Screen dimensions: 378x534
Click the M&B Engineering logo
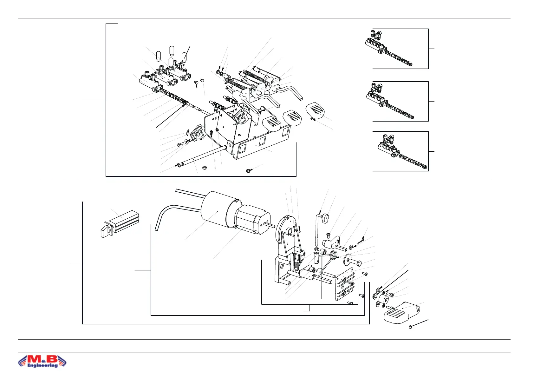point(42,361)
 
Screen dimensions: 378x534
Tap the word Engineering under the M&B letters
point(42,365)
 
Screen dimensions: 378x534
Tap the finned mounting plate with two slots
point(345,283)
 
